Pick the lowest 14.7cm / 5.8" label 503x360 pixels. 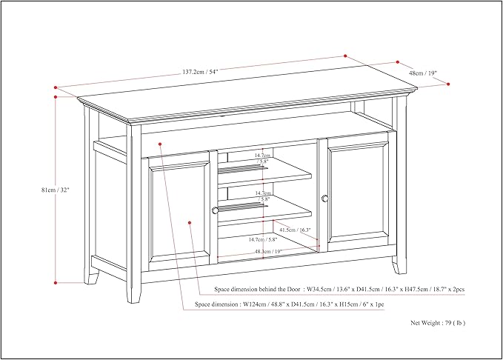263,239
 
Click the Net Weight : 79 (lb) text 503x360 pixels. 437,323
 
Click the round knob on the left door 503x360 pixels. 215,210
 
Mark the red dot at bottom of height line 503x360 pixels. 56,282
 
